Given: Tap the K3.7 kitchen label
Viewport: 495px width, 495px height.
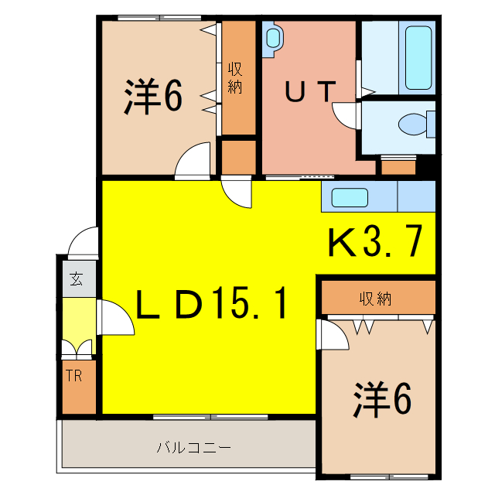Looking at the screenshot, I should pos(376,244).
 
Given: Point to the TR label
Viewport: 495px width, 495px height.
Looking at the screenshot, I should pos(74,377).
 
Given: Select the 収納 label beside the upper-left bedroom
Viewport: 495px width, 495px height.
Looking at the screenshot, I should pos(235,78).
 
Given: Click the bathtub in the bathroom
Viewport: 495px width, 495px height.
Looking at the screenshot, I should pos(418,58).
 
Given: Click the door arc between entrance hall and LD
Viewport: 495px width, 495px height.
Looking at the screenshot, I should pos(114,318).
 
